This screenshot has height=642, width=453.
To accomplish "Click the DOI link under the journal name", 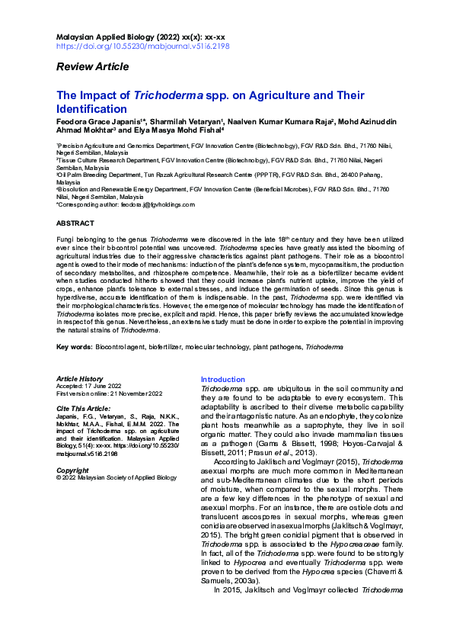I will pos(143,46).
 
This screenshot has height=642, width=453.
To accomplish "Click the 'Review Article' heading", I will pos(92,67).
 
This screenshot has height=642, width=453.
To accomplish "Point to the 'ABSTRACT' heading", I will pos(75,223).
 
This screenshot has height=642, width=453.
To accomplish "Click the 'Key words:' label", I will pos(74,347).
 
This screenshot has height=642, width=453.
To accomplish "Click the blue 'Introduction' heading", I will pos(222,380).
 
